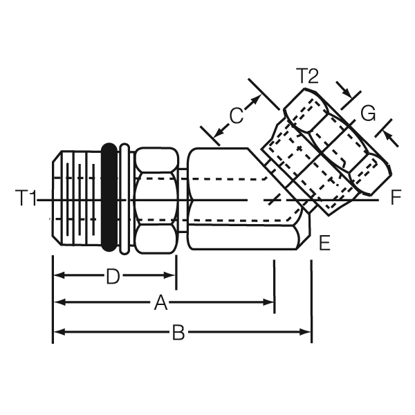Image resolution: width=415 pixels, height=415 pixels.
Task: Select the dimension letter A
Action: tap(161, 302)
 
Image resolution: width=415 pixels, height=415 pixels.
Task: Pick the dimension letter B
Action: tap(178, 333)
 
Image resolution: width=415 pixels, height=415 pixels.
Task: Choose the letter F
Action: tap(395, 199)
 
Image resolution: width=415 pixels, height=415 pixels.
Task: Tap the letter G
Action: tap(368, 112)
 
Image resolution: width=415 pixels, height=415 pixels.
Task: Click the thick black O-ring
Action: tap(109, 197)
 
